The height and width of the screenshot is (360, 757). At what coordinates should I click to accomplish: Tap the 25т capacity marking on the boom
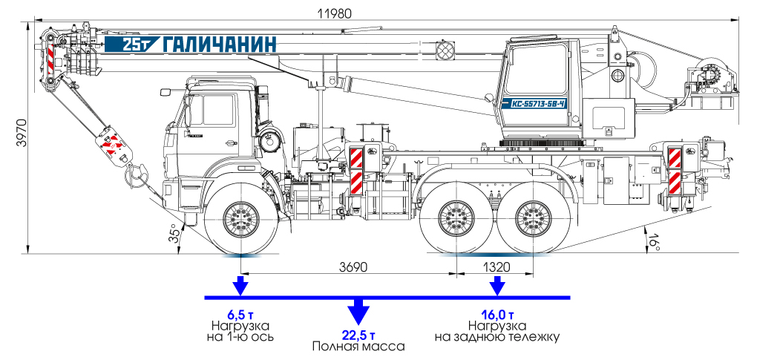[x=138, y=45]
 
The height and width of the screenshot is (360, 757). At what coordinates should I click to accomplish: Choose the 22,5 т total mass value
[x=358, y=334]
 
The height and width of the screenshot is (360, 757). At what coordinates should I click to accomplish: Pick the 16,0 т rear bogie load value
[x=497, y=313]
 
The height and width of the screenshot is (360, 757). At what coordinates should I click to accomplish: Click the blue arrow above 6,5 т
[x=240, y=284]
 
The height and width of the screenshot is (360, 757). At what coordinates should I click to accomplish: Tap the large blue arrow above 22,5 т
[x=358, y=307]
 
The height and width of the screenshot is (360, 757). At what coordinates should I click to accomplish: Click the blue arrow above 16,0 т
[x=497, y=284]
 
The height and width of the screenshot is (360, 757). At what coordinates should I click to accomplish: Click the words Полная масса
[x=358, y=347]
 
